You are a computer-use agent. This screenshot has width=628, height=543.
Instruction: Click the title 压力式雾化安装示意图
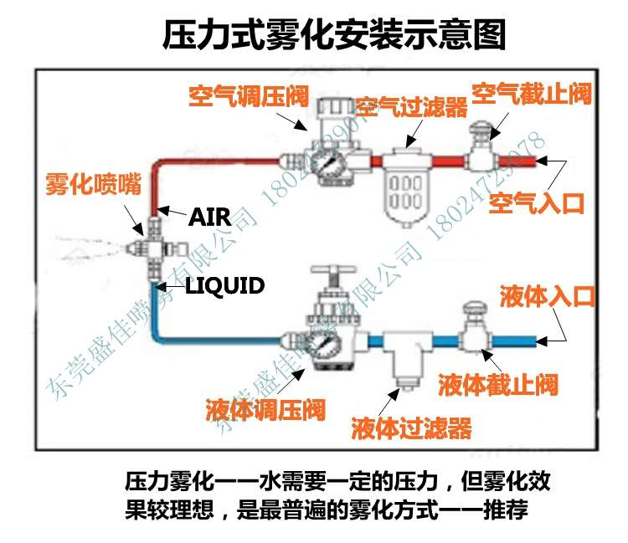tap(334, 34)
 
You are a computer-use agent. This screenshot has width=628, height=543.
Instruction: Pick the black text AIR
tap(209, 218)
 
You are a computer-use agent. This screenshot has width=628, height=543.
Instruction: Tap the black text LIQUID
tap(224, 286)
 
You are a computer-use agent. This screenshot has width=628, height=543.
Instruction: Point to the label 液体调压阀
tap(265, 412)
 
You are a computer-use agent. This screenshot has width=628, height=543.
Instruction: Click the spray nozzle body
tap(152, 248)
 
